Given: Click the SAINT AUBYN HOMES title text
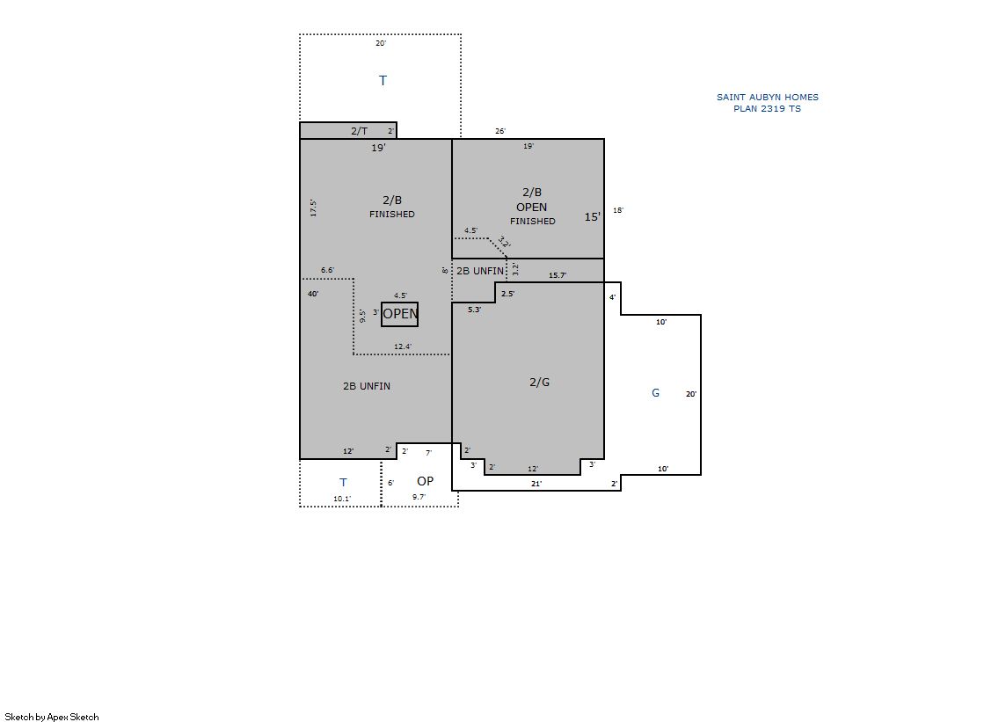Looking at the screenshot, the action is tap(768, 97).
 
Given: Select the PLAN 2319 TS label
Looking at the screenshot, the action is tap(767, 108).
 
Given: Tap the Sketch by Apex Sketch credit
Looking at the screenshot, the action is tap(52, 717).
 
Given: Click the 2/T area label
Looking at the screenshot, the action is tap(359, 130).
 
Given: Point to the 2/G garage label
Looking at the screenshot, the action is tap(540, 382).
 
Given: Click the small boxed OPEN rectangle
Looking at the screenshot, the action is tap(400, 314).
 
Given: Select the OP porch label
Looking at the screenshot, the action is tap(425, 481).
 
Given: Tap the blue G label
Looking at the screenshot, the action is tap(656, 393).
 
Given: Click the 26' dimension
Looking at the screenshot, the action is tap(500, 131).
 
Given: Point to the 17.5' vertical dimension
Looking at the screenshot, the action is tap(313, 208).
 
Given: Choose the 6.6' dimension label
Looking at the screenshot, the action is tap(328, 270).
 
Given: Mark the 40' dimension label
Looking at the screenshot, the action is tap(313, 293).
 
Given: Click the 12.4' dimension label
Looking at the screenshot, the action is tap(403, 346).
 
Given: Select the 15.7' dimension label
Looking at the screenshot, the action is tap(558, 275).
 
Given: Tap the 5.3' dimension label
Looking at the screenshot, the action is tap(475, 310).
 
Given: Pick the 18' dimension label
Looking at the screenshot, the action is tap(618, 210).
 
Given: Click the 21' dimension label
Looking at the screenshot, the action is tap(536, 484).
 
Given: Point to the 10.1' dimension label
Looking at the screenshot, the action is tap(342, 499).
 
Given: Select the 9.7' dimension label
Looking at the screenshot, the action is tap(419, 497).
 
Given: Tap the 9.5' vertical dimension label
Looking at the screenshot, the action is tap(362, 316).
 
